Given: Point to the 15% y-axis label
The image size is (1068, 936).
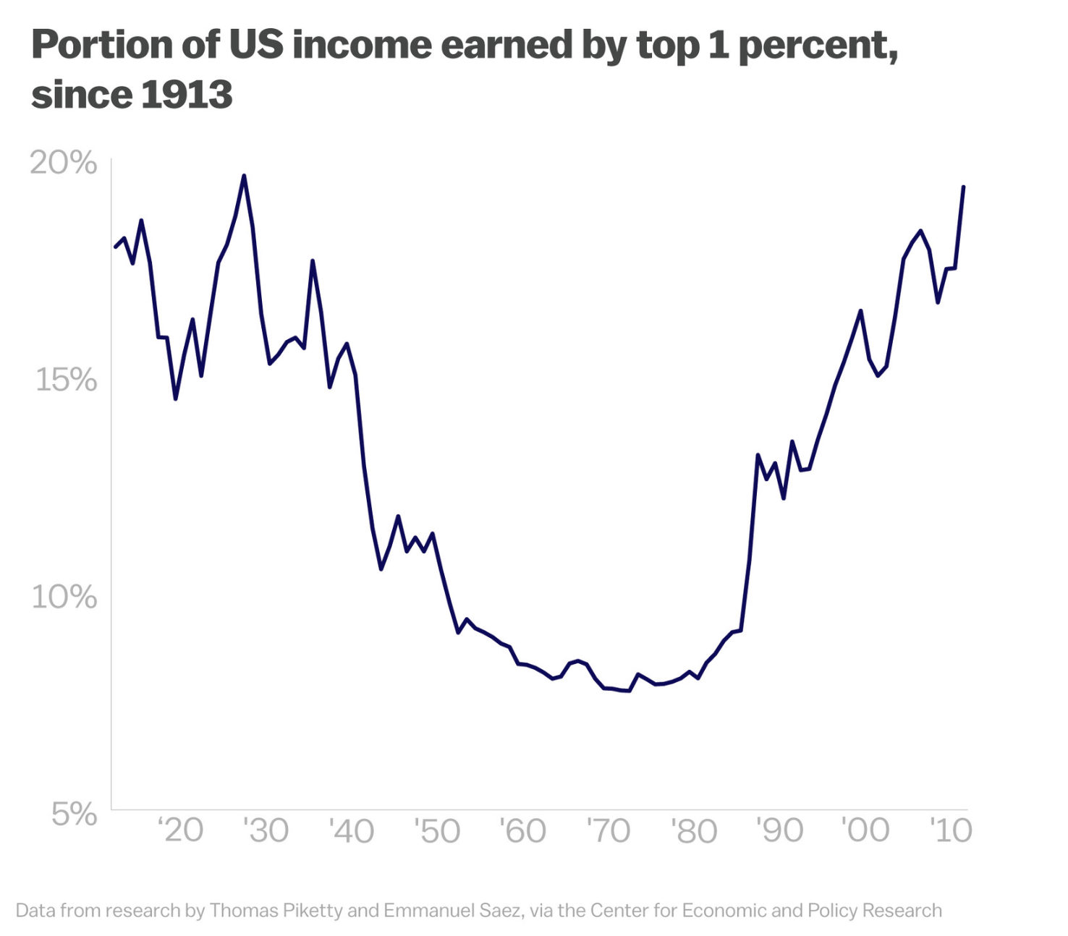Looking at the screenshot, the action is tap(67, 380).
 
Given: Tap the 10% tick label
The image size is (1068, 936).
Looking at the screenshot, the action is tap(64, 597).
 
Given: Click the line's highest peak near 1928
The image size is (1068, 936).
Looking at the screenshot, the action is tap(244, 176).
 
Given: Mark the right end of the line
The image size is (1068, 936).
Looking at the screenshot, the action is tap(964, 187).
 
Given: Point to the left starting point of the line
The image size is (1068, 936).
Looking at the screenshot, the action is tap(116, 247).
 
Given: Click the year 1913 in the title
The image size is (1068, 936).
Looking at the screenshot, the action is tap(187, 95).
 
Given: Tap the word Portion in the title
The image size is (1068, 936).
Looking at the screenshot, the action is tap(102, 44).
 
